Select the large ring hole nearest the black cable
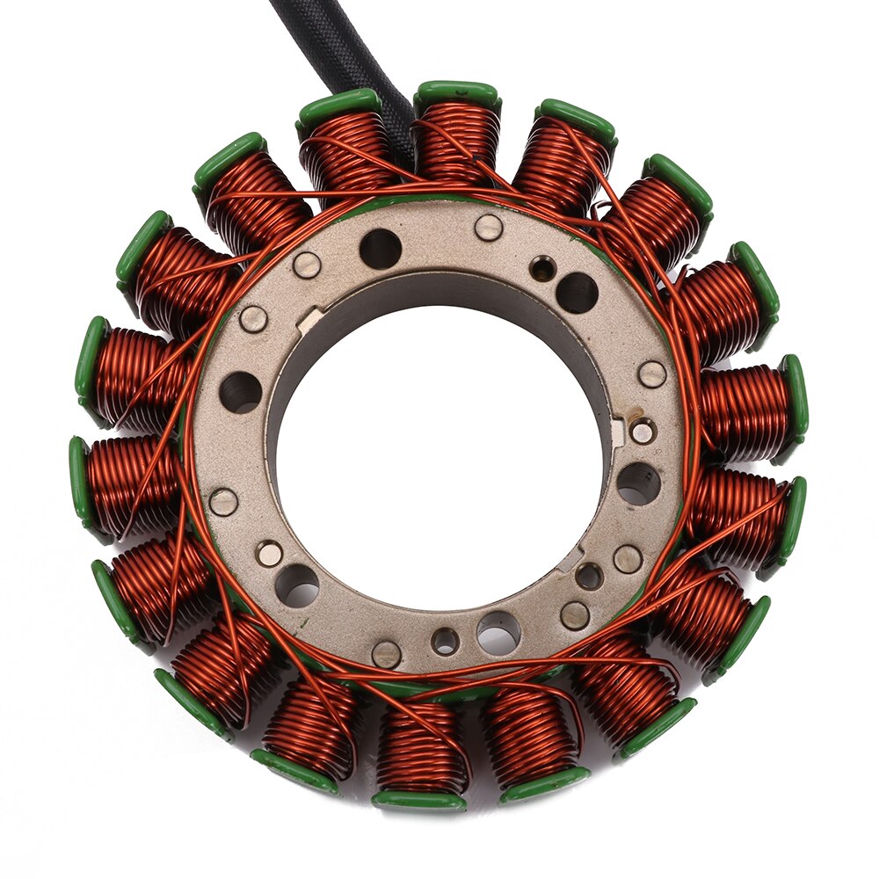pos(381,250)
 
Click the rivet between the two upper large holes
pos(489,228)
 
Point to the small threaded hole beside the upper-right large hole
pos(542,268)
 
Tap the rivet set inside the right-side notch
pos(643,432)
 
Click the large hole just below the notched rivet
pos(638,484)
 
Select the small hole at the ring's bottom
pos(445,641)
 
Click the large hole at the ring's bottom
pos(498,632)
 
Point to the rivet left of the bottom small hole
pos(386,653)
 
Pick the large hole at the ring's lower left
pos(297,585)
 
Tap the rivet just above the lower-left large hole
pos(269,553)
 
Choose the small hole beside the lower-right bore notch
pos(588,577)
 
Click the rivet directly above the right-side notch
pos(651,374)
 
